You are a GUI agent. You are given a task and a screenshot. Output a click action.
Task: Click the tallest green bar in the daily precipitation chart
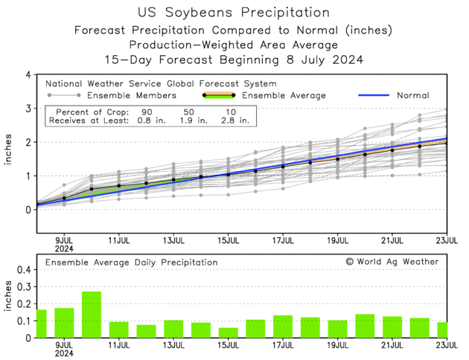point(92,315)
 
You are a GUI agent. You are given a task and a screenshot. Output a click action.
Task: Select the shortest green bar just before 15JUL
point(229,332)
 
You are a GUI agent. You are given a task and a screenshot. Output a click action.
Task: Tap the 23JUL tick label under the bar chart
point(447,345)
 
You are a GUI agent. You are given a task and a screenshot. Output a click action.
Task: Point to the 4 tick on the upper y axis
point(28,75)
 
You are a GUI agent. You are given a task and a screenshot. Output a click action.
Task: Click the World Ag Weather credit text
point(392,262)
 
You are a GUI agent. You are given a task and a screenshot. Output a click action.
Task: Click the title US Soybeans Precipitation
point(234,13)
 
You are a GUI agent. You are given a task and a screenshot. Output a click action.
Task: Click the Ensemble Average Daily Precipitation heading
point(132,263)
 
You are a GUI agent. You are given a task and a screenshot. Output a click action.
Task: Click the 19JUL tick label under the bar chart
point(337,345)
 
